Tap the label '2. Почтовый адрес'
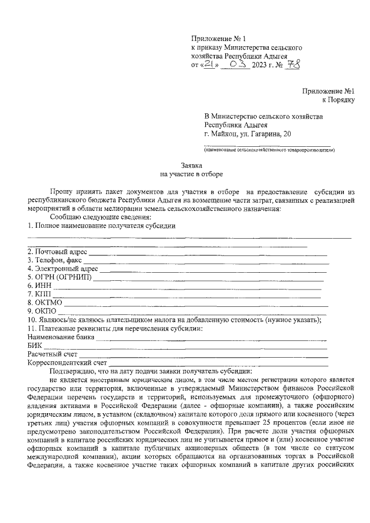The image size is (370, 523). click(57, 251)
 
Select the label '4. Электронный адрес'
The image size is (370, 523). click(62, 269)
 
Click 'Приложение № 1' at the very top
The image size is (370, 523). click(214, 38)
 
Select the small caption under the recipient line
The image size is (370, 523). click(269, 150)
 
